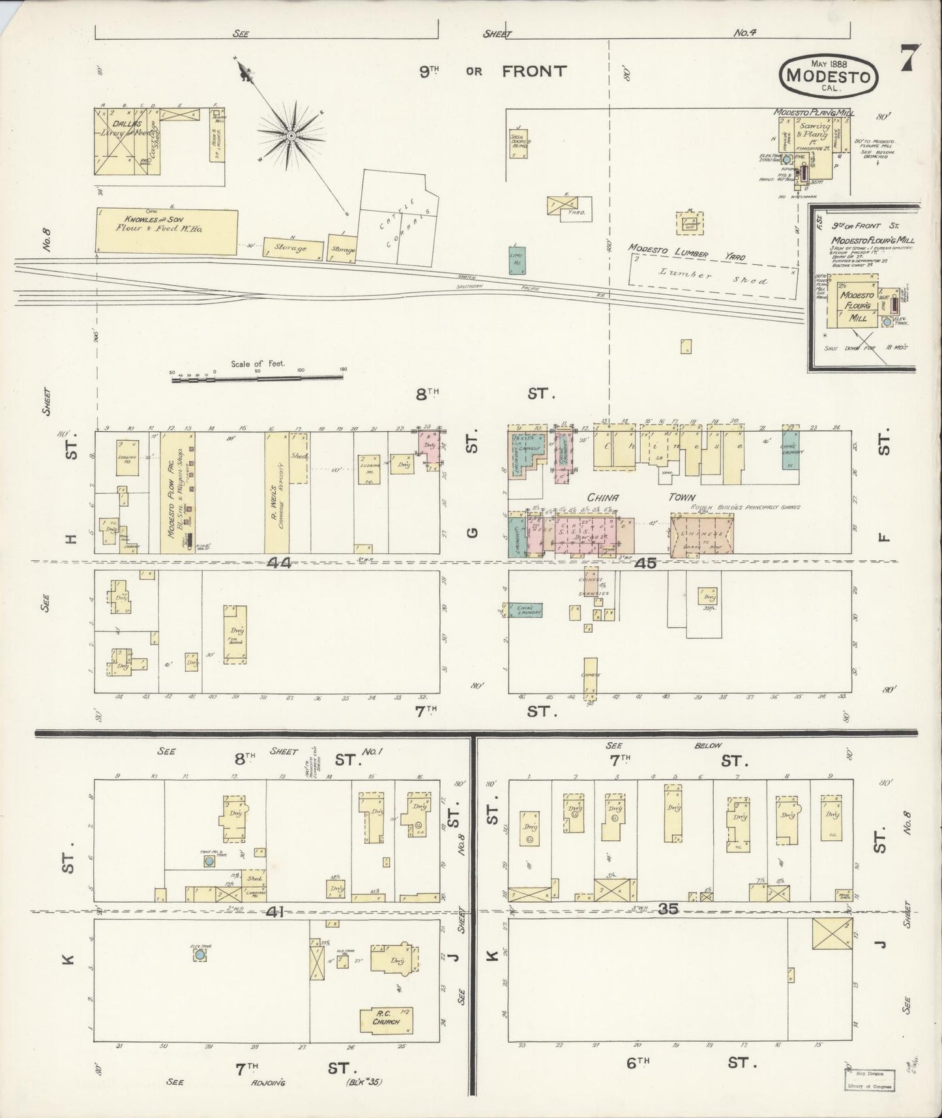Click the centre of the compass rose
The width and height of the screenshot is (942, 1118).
point(291,136)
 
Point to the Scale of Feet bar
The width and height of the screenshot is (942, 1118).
point(258,377)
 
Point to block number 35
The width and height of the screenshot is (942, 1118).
point(668,908)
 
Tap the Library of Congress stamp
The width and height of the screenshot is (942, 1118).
point(870,1080)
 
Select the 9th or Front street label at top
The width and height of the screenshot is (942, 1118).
point(492,71)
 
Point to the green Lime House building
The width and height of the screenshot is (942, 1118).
point(518,260)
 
